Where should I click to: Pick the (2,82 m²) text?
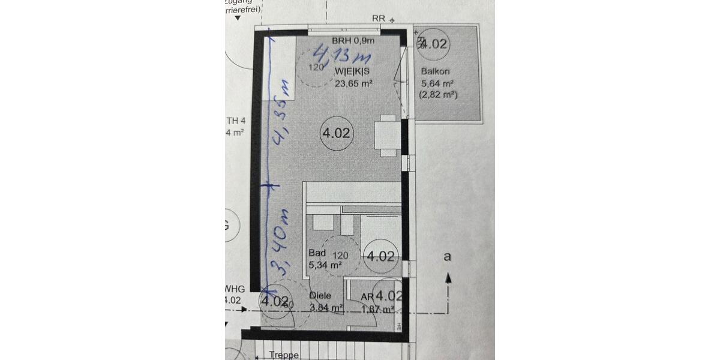[x=439, y=95]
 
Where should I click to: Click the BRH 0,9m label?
[x=353, y=41]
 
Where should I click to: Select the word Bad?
[x=317, y=253]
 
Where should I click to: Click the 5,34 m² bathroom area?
[x=325, y=264]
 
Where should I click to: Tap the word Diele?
[x=320, y=296]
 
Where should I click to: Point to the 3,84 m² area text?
[x=326, y=308]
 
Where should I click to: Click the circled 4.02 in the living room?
[x=336, y=133]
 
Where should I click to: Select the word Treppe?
[x=284, y=355]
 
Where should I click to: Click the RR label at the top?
[x=378, y=18]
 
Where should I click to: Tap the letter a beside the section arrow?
[x=446, y=257]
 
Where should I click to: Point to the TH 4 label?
[x=235, y=120]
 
